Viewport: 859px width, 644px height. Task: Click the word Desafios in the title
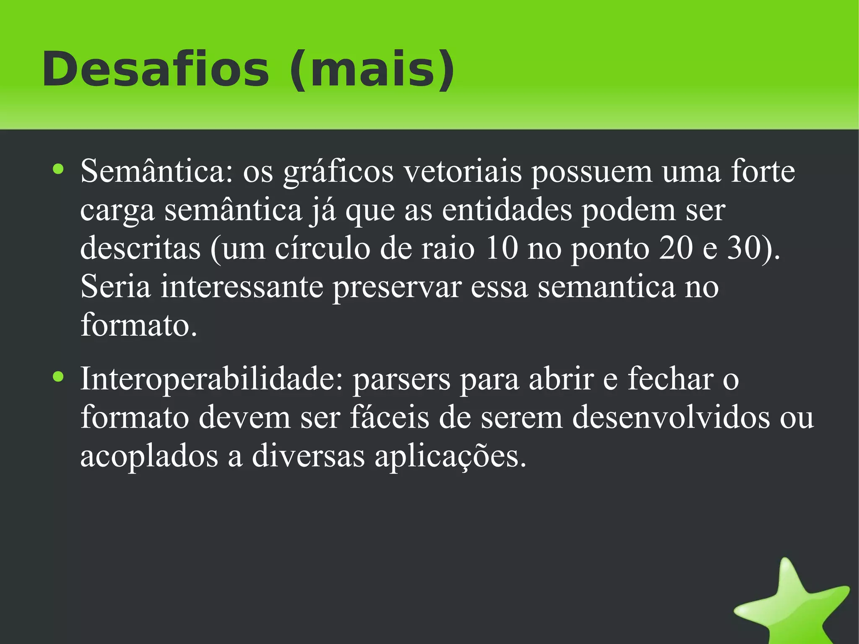(155, 69)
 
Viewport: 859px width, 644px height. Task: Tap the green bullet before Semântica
(58, 169)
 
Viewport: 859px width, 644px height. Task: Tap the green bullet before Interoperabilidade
(58, 377)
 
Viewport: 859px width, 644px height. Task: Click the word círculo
(323, 248)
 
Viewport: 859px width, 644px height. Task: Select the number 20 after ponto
(675, 248)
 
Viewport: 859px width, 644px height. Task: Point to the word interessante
(242, 287)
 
